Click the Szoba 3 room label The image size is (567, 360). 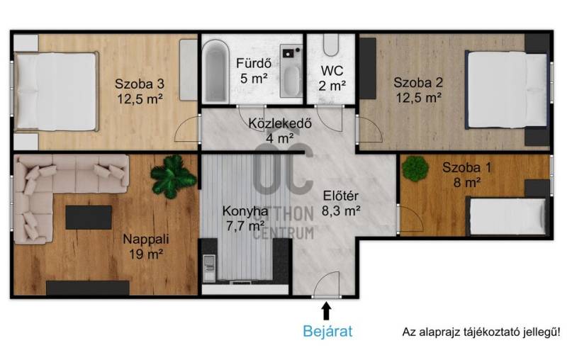point(140,84)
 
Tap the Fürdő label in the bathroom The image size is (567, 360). point(254,63)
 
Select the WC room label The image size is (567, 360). point(332,70)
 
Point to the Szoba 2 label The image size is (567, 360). point(418,82)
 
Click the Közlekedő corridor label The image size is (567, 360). point(280,123)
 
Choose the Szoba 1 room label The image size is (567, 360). point(467,167)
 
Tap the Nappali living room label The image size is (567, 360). point(146,239)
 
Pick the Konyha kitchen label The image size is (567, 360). point(245,210)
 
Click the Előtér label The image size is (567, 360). point(341,196)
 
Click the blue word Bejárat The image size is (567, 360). point(327,331)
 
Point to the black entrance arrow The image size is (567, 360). point(327,311)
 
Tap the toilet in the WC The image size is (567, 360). point(331,45)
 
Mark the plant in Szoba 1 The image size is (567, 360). point(415,169)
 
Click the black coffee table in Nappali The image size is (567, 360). point(89,218)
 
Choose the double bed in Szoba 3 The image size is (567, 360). point(56,91)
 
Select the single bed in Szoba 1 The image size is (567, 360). point(506,217)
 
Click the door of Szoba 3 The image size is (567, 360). point(187,129)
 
